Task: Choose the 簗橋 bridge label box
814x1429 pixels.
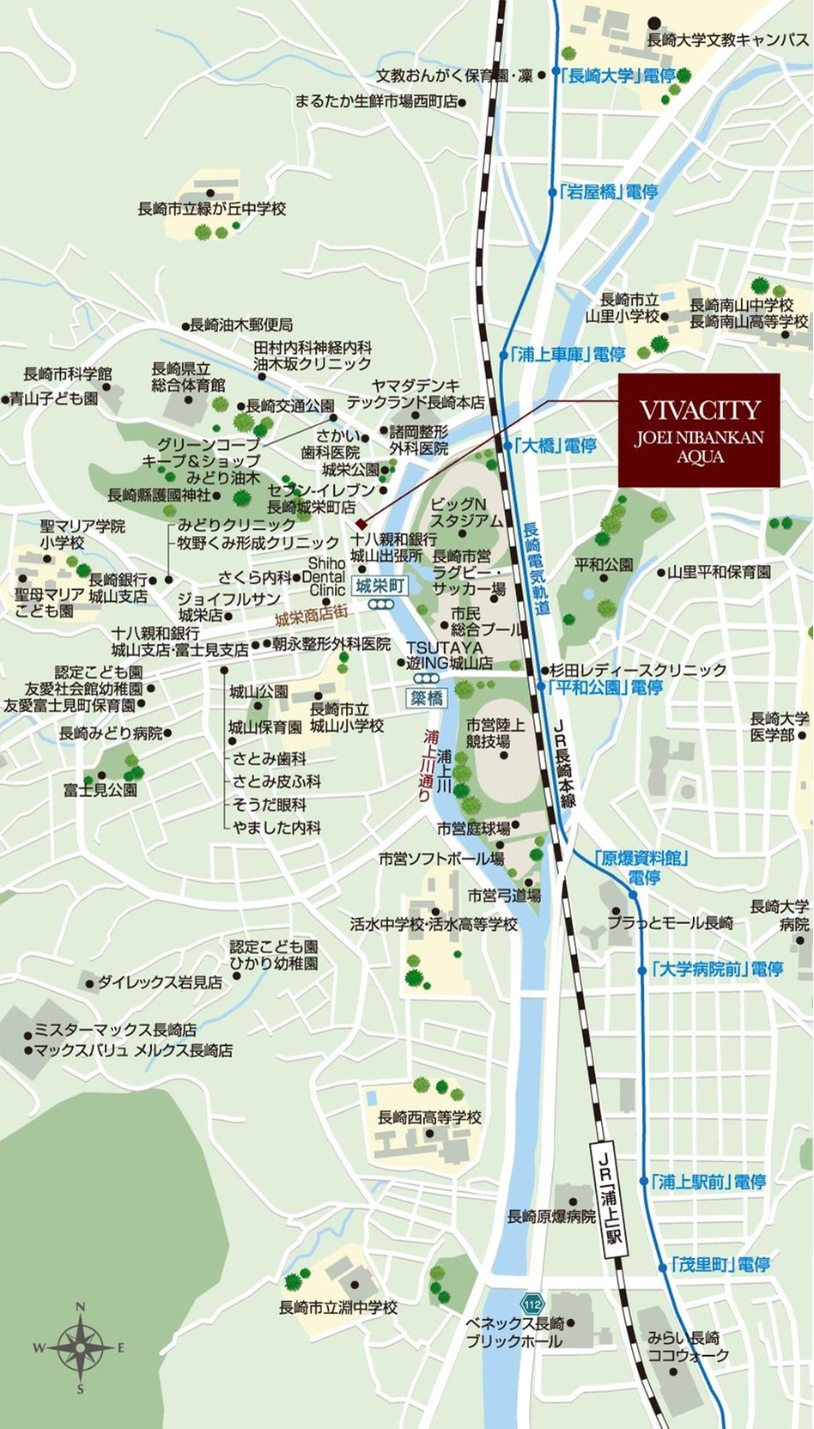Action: click(425, 697)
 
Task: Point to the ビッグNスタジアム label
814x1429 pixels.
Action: click(466, 513)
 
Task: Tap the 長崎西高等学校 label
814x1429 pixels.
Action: click(429, 1118)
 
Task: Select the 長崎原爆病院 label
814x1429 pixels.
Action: click(551, 1216)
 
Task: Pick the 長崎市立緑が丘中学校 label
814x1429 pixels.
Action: click(211, 209)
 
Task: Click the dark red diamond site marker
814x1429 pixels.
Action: click(361, 524)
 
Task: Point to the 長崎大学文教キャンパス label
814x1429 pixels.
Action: click(727, 40)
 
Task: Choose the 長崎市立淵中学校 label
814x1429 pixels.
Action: click(338, 1308)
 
